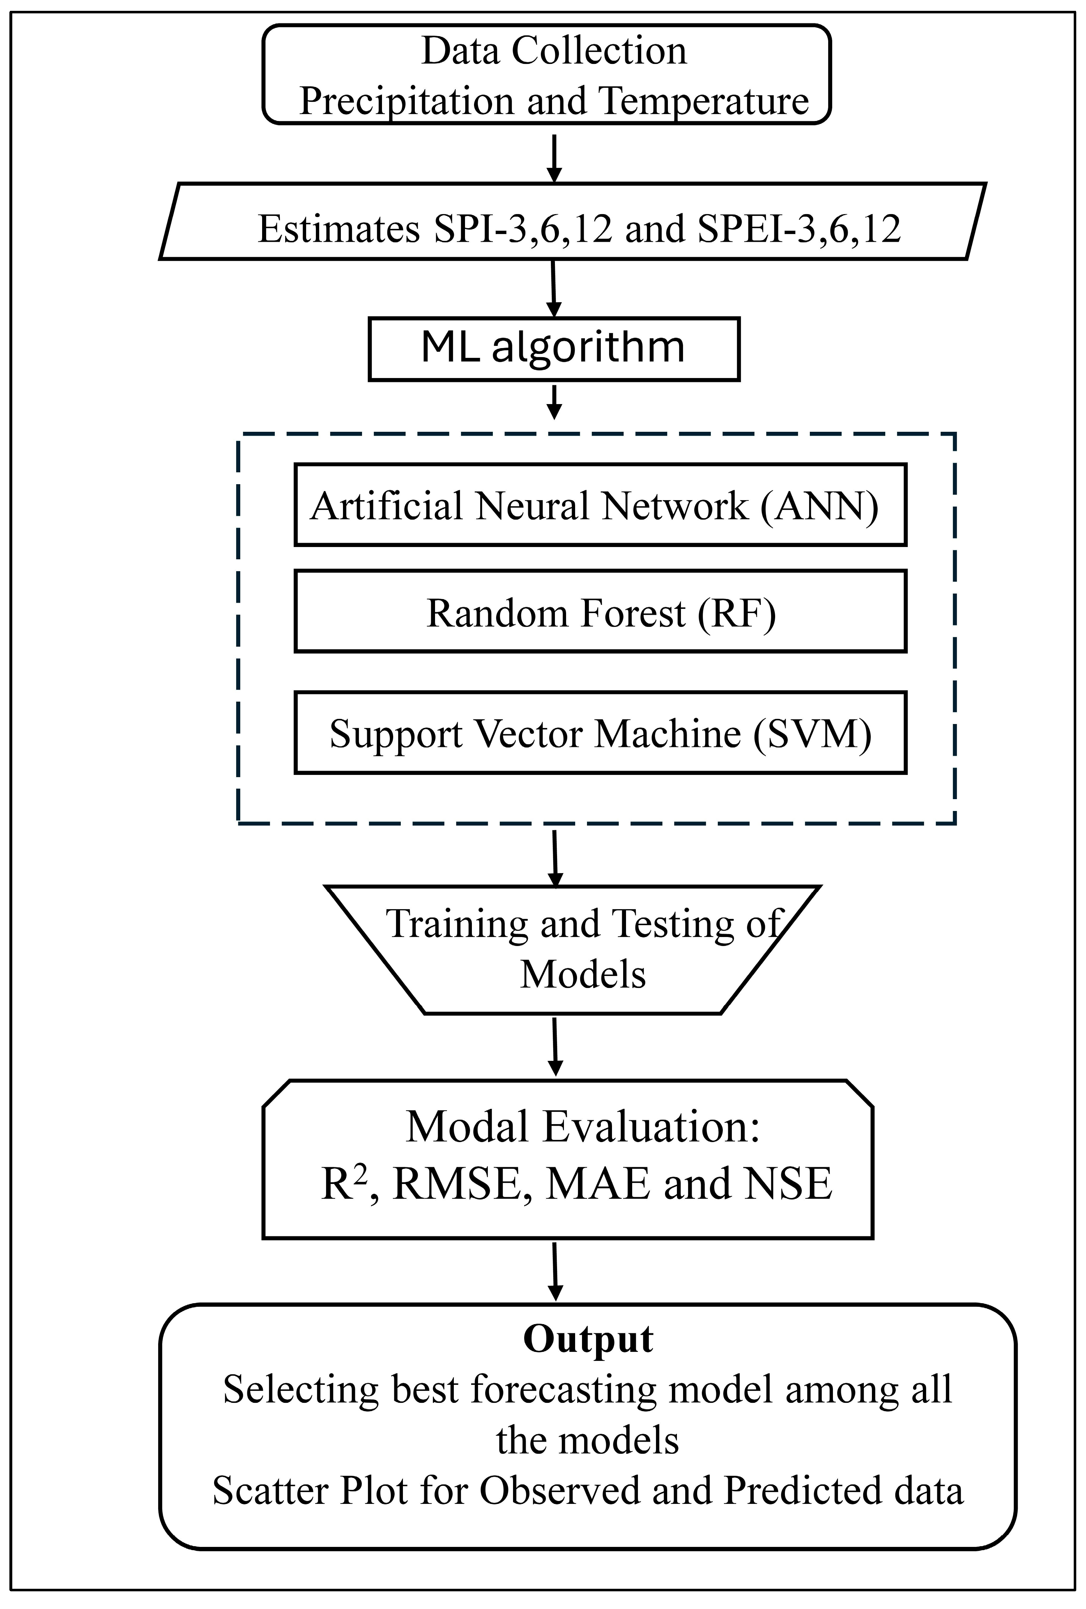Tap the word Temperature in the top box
(703, 102)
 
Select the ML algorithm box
(554, 348)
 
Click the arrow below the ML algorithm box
(554, 402)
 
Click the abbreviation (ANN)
(820, 506)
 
